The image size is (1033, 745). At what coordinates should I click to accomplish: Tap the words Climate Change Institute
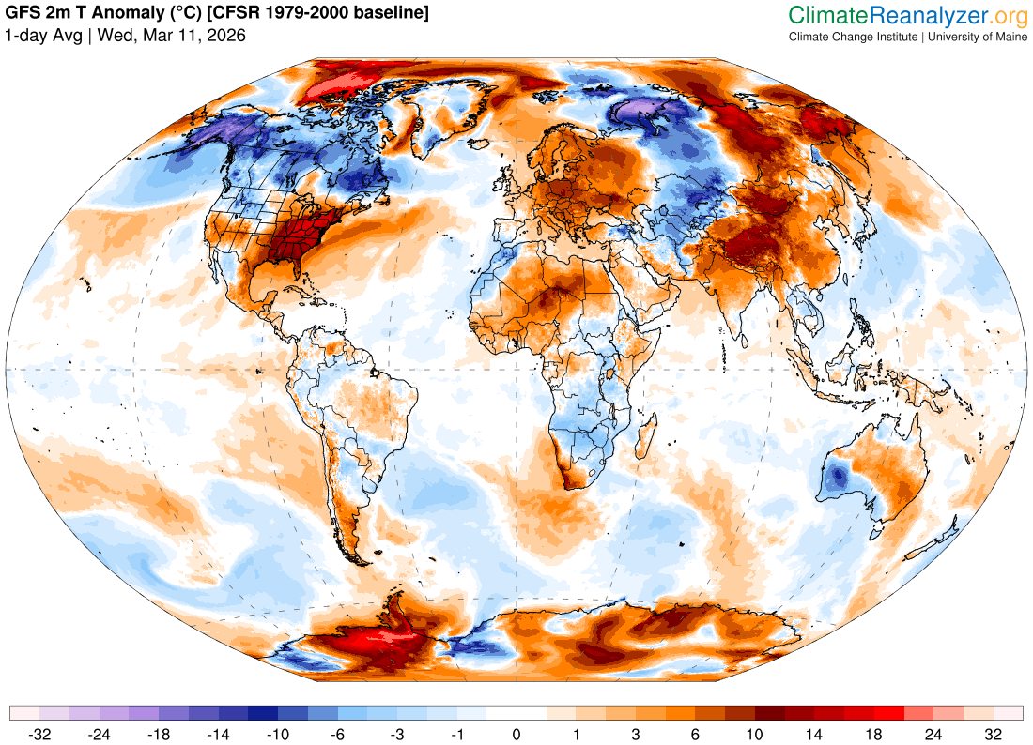coord(853,37)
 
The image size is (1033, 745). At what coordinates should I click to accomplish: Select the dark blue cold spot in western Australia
coord(836,479)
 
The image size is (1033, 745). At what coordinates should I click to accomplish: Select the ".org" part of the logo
coord(1010,15)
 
